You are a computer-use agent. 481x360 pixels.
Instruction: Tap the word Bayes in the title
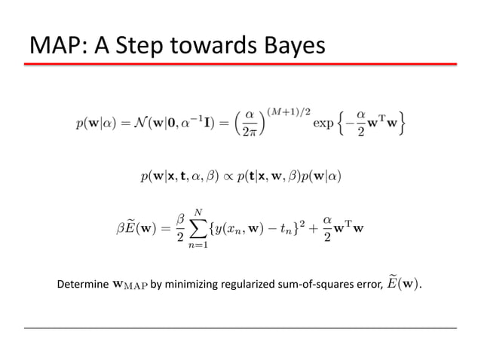pyautogui.click(x=287, y=47)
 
